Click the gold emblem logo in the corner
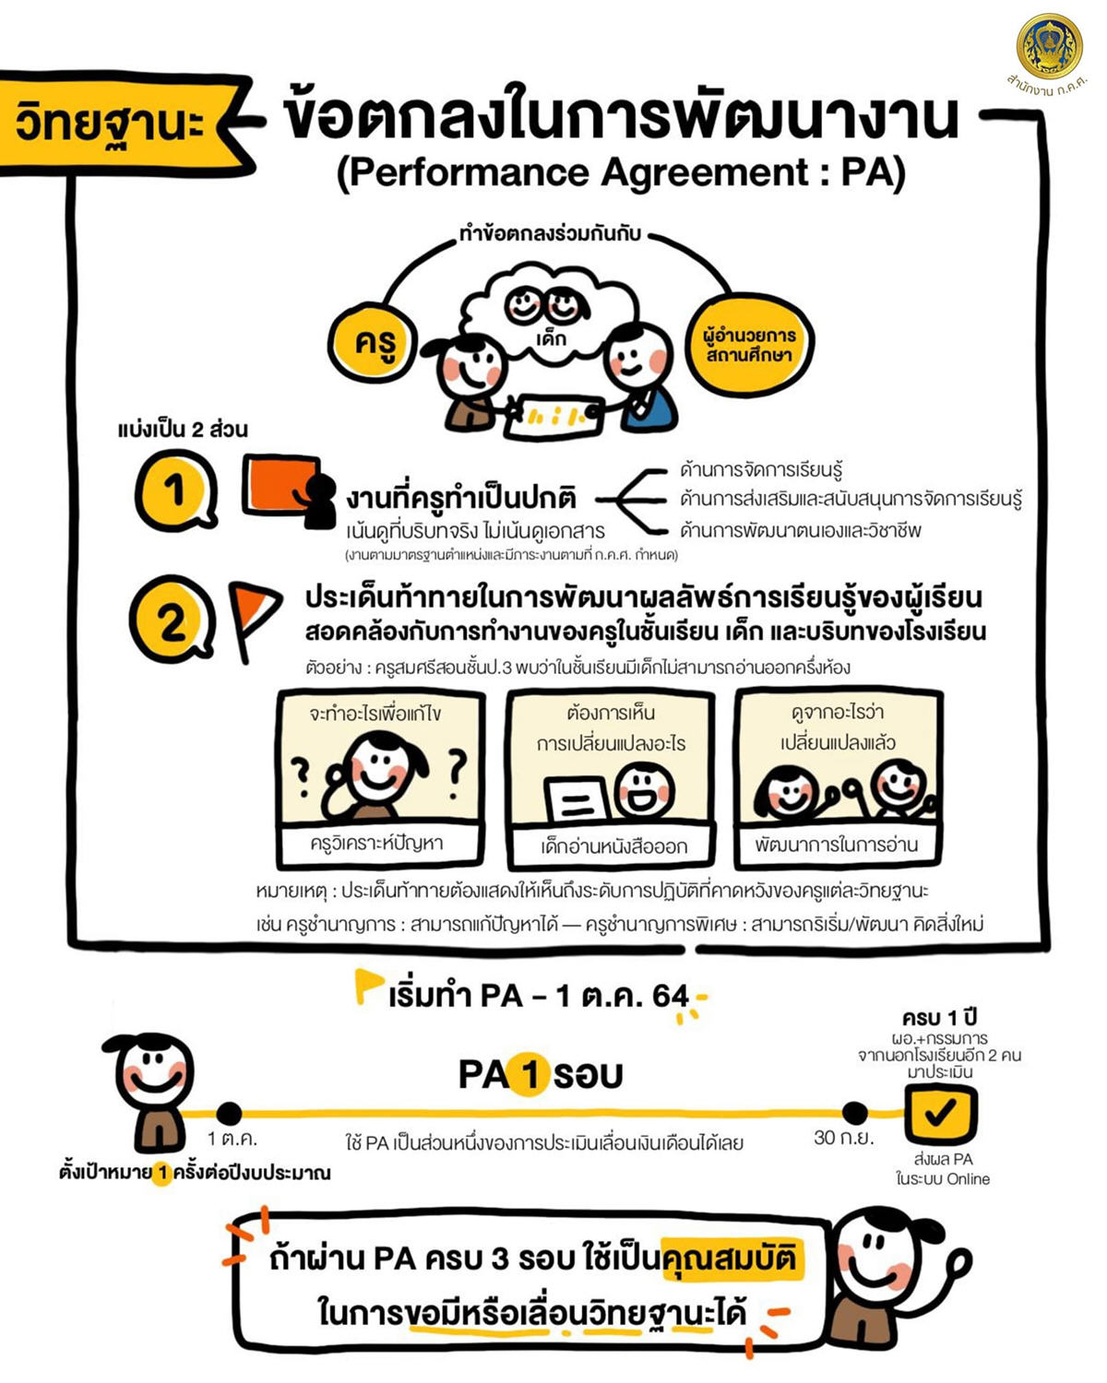(1049, 47)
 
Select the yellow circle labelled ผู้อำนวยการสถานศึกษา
(750, 345)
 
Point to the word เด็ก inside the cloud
(551, 338)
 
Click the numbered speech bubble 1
(175, 491)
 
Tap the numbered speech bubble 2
(172, 620)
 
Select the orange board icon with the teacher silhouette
(288, 491)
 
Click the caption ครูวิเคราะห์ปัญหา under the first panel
(377, 843)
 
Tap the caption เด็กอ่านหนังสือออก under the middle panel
(613, 845)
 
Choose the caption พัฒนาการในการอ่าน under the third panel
(837, 844)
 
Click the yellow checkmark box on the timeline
(940, 1115)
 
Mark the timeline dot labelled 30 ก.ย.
(855, 1113)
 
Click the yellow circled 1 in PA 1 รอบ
(530, 1074)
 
